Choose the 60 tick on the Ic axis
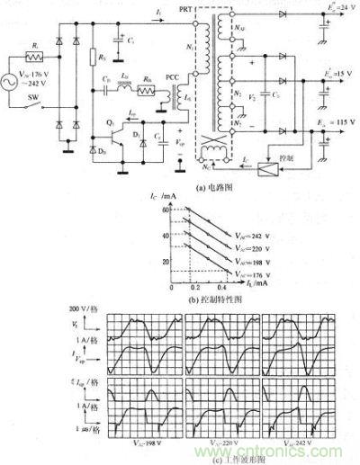166,208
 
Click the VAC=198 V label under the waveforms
144,444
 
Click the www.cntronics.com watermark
300,456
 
